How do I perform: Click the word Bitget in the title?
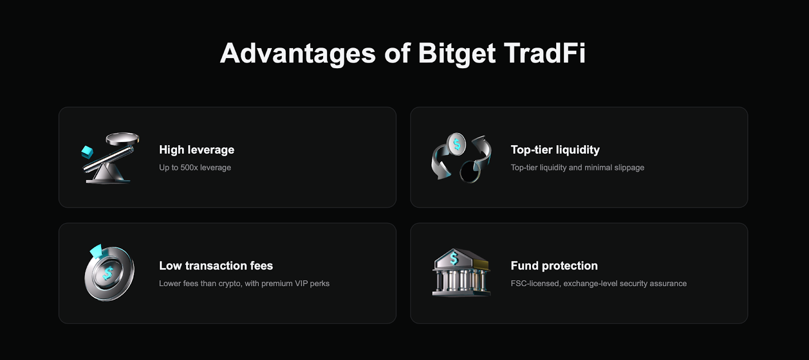coord(457,54)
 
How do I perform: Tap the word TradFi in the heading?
coord(544,53)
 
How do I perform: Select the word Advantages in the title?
coord(298,54)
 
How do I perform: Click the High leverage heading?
coord(197,150)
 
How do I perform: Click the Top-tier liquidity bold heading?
coord(555,150)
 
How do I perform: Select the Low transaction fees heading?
coord(216,266)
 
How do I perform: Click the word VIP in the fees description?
coord(301,284)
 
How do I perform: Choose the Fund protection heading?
coord(554,266)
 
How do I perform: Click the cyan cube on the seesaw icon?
coord(87,152)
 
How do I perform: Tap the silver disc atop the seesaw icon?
coord(122,139)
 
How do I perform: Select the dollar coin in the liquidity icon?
coord(457,144)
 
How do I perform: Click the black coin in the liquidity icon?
coord(470,171)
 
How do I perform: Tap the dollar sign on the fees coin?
coord(108,274)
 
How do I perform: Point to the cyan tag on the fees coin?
coord(96,251)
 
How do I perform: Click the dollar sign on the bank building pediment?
coord(454,258)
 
